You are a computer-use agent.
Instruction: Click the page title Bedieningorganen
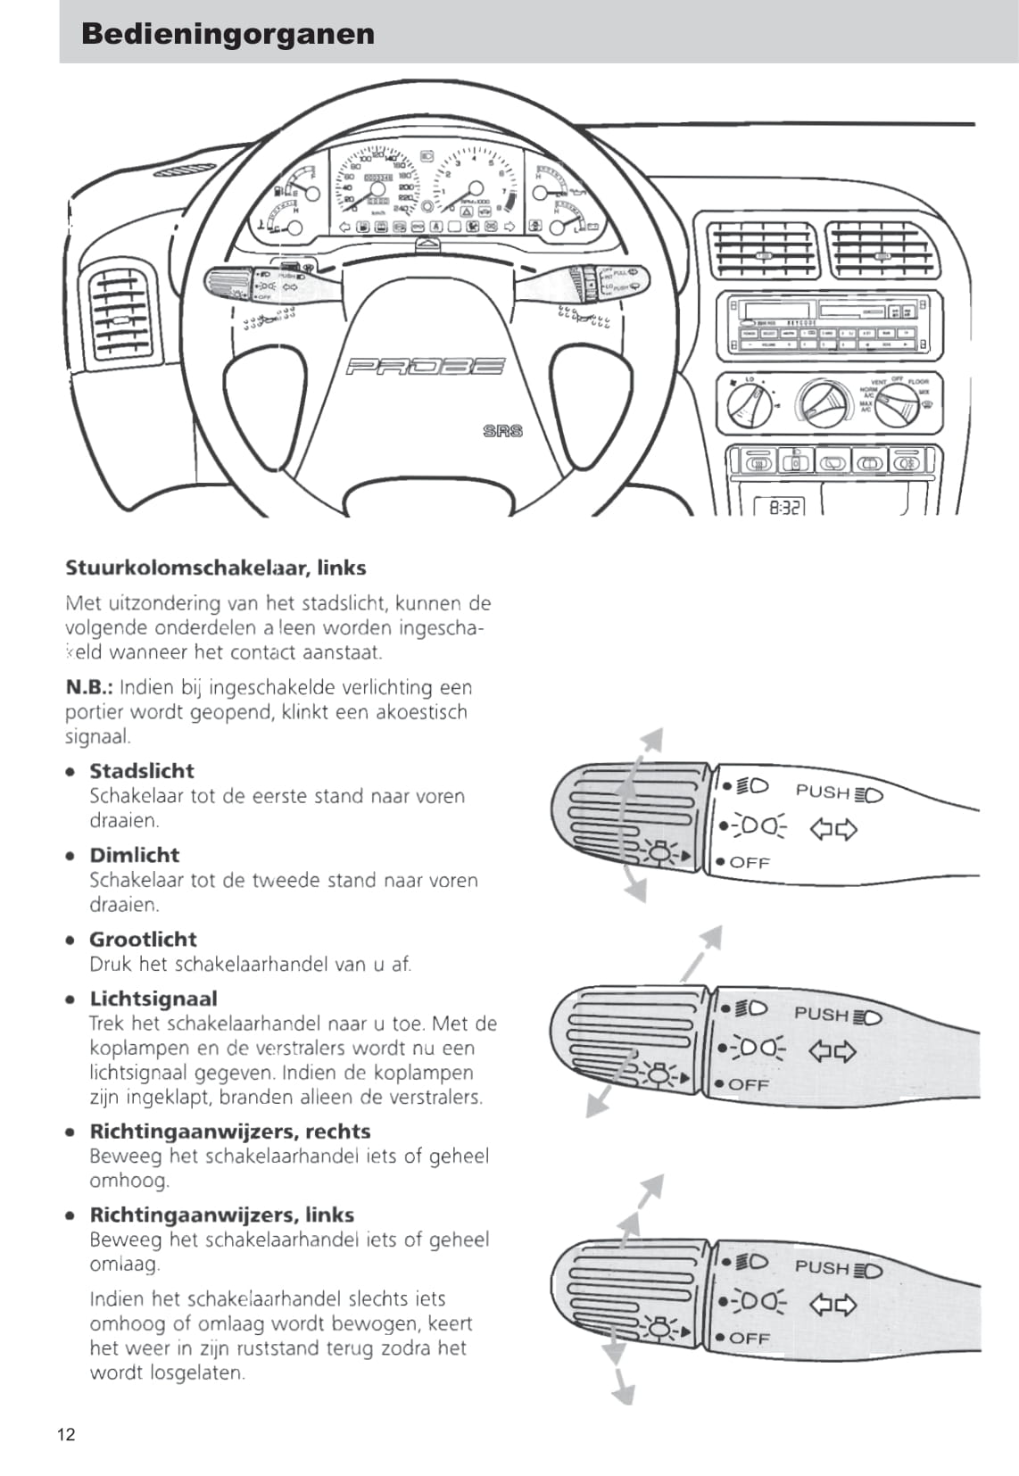click(228, 34)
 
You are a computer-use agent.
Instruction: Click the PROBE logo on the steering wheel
click(425, 367)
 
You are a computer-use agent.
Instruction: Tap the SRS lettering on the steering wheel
click(502, 431)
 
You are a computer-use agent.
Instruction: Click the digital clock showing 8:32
click(779, 508)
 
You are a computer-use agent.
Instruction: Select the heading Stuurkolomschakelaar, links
click(215, 568)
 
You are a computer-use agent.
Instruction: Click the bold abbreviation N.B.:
click(89, 687)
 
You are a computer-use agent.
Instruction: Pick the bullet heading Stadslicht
click(141, 771)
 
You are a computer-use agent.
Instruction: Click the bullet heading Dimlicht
click(134, 855)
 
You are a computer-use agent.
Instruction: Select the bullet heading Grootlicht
click(143, 939)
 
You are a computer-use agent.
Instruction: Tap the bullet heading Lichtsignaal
click(153, 999)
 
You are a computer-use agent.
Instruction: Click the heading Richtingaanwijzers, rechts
click(229, 1132)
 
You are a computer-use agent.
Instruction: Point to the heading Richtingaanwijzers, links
click(221, 1215)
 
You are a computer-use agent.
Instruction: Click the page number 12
click(66, 1435)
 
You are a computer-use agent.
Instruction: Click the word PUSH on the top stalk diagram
click(822, 792)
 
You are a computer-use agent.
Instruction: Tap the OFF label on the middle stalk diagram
click(748, 1085)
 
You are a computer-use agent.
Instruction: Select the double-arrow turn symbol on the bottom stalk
click(833, 1305)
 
